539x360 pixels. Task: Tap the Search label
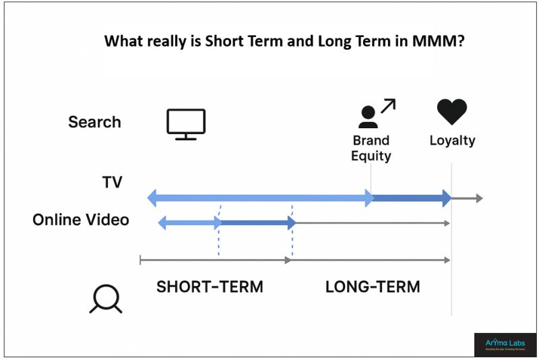(94, 122)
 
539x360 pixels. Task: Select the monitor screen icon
(186, 124)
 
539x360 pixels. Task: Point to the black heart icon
(451, 112)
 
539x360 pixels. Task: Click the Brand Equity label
(371, 148)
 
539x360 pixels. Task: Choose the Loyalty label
(452, 141)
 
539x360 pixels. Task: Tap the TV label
(112, 182)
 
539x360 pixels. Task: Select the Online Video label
(81, 220)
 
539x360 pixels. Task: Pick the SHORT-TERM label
(210, 287)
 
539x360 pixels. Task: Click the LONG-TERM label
(373, 287)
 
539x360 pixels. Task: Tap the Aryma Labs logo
(505, 344)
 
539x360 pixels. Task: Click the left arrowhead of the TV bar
(152, 198)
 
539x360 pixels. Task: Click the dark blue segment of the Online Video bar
(256, 222)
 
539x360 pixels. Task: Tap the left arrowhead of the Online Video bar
(162, 222)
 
